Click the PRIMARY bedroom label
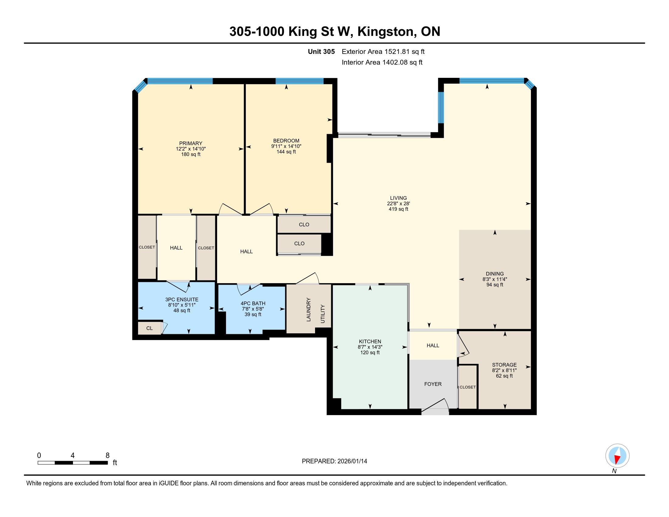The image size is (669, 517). pos(191,143)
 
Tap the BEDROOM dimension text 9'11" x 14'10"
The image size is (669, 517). pos(286,146)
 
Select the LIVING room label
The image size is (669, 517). pos(398,198)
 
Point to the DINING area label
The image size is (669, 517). pos(495,274)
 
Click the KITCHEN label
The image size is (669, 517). pos(370,342)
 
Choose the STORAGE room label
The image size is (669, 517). pos(504,365)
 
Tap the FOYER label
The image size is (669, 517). pos(433,384)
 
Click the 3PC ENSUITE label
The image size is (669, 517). pos(182,300)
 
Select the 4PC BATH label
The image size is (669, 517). pos(253,304)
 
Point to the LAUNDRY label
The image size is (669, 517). pos(308,310)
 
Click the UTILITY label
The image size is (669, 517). pos(323,314)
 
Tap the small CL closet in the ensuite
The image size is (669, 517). pos(150,328)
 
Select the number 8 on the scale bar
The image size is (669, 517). pos(108,456)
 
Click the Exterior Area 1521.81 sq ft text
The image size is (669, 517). pos(383,51)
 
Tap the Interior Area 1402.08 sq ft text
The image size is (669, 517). pos(382,62)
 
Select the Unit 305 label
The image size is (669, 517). pos(321,51)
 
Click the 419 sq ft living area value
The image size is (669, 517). pos(398,209)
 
